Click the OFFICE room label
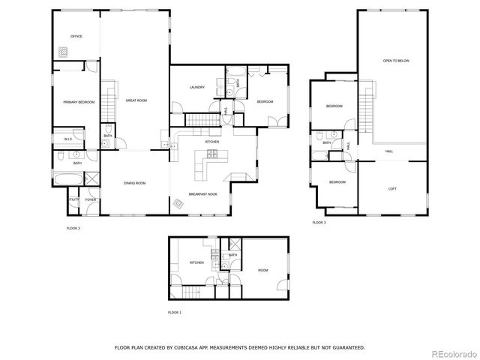click(x=76, y=36)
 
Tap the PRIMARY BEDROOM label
click(x=79, y=102)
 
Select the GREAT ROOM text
click(x=136, y=100)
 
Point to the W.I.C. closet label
click(x=67, y=139)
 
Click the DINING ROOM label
click(x=135, y=183)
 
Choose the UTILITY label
click(x=73, y=199)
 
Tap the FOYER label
click(x=90, y=199)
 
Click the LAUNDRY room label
click(x=197, y=87)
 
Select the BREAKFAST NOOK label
click(x=202, y=193)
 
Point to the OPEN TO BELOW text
click(x=396, y=60)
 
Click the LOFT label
click(x=392, y=188)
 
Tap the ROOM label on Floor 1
click(x=263, y=270)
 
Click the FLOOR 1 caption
click(x=175, y=311)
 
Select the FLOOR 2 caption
click(x=73, y=228)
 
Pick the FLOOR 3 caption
click(x=319, y=223)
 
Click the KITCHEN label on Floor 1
click(x=196, y=262)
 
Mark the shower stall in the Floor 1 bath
click(x=234, y=244)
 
